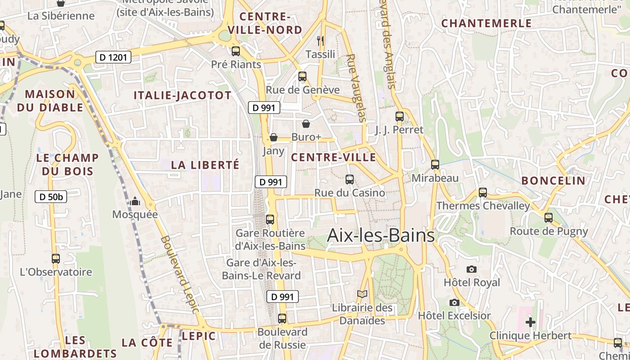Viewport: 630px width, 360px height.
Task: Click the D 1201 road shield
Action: coord(113,57)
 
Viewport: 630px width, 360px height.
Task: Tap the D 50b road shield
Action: coord(51,197)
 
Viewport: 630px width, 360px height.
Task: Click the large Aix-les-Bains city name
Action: coord(381,235)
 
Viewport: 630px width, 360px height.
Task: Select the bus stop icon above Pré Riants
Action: coord(236,51)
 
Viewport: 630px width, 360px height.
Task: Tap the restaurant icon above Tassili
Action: coord(320,41)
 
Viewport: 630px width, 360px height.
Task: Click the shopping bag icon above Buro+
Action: coord(306,123)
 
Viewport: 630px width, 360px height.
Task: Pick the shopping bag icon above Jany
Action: coord(273,137)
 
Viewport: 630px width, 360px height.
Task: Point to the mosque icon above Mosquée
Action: coord(135,201)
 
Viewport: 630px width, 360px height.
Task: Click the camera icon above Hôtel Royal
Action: coord(472,269)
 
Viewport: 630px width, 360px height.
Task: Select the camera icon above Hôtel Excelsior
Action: coord(454,302)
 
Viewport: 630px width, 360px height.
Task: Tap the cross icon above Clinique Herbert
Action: coord(531,322)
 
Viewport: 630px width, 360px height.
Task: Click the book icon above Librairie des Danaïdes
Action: coord(362,294)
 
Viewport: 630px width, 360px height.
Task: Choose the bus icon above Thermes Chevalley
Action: coord(483,193)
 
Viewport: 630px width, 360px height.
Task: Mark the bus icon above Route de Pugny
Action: coord(549,218)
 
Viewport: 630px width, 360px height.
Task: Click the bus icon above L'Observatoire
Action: coord(56,259)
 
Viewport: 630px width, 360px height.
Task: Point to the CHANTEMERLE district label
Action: coord(486,23)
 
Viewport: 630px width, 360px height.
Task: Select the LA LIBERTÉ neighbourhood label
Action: coord(205,165)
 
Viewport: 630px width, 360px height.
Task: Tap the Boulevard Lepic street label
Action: coord(179,274)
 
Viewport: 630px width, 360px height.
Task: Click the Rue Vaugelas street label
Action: coord(356,88)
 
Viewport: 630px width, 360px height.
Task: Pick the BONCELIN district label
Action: coord(553,181)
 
